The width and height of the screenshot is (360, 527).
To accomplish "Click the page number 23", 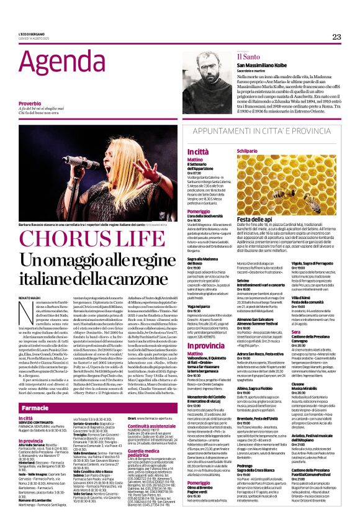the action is point(336,37).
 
